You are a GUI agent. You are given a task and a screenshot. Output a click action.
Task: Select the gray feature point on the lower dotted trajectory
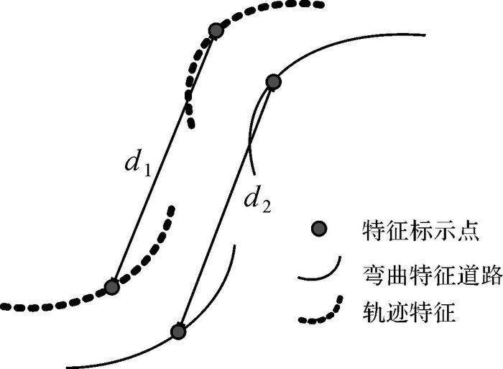pos(111,287)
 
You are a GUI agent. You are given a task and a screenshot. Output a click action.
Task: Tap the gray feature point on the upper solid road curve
pos(273,82)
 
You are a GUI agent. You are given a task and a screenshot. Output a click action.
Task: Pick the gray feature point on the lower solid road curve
pos(178,332)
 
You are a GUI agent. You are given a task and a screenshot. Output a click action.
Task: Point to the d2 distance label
pos(258,200)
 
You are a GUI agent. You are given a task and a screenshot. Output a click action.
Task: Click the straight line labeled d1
pos(163,158)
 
